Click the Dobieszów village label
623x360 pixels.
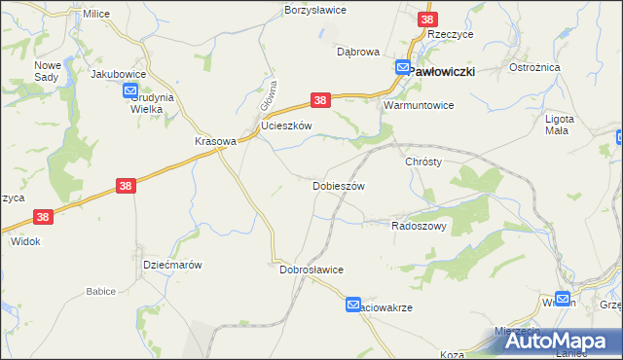click(x=338, y=186)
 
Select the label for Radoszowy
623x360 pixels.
click(x=419, y=225)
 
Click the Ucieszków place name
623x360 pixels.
click(x=286, y=126)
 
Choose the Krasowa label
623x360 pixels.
click(x=216, y=141)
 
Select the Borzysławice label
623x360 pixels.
click(x=314, y=10)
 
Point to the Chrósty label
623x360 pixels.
click(x=424, y=162)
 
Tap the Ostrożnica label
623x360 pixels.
click(x=532, y=68)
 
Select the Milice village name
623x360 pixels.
click(x=96, y=15)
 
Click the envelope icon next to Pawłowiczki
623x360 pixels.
click(x=403, y=67)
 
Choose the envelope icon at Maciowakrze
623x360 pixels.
click(x=353, y=306)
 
